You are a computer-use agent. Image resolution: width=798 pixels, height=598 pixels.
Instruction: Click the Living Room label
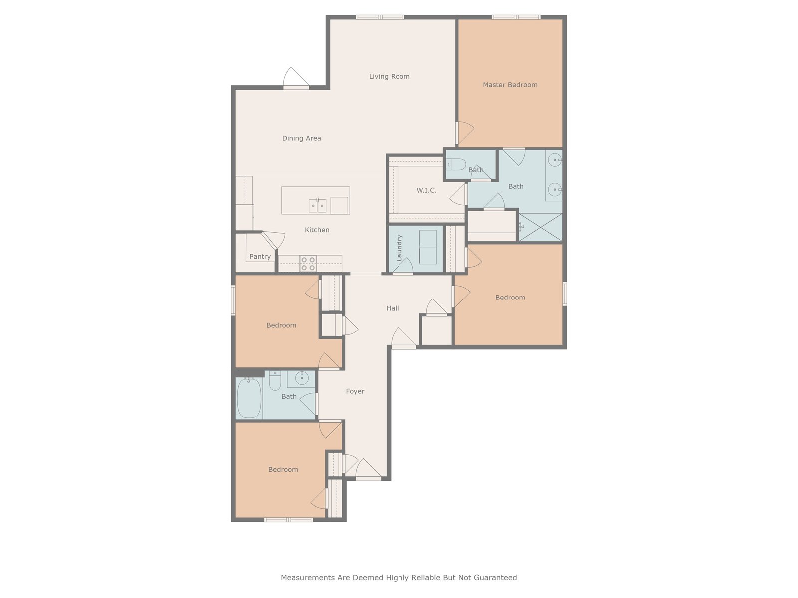pos(389,76)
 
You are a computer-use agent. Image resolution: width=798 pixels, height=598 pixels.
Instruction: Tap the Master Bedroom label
pos(510,85)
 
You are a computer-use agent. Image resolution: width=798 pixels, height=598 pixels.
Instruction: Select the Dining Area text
pos(301,138)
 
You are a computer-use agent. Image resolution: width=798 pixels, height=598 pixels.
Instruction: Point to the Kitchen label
pos(317,230)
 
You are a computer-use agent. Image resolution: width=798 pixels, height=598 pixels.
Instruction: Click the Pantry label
pos(260,256)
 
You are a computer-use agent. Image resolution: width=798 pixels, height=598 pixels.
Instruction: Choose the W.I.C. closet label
pos(426,190)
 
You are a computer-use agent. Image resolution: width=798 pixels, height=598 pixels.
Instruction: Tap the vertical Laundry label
pos(399,248)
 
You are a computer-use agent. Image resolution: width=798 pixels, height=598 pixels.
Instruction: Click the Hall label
pos(393,308)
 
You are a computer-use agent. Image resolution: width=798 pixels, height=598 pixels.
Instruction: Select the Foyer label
pos(355,391)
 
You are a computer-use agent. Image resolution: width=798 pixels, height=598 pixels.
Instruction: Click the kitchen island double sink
pos(317,205)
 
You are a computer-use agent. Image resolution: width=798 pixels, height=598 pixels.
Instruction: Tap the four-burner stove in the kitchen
pos(308,264)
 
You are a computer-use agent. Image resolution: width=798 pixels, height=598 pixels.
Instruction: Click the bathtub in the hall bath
pos(249,398)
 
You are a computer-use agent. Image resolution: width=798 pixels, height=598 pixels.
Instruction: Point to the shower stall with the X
pos(540,227)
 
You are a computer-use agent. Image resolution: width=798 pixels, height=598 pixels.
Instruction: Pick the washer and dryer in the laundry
pos(428,247)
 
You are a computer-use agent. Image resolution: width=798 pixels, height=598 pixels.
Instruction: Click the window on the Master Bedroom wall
pos(516,17)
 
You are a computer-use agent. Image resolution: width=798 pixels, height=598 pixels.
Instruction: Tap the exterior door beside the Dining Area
pos(296,87)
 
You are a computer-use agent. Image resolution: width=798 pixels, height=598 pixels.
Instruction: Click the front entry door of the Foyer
pos(368,478)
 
